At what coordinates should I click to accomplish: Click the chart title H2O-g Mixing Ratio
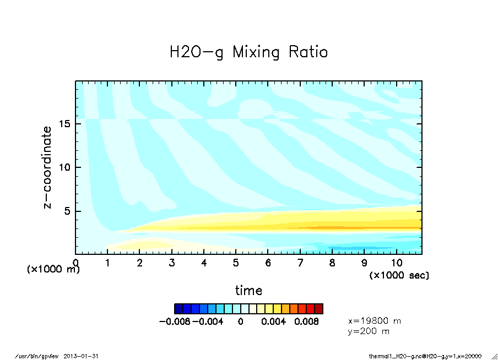(248, 52)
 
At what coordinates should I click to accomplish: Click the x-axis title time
(248, 290)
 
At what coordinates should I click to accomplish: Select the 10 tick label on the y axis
(66, 167)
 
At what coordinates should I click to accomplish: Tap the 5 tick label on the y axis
(68, 211)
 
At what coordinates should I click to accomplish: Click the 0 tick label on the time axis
(75, 263)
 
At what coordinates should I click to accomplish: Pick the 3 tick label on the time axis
(172, 263)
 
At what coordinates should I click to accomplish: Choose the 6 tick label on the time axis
(268, 263)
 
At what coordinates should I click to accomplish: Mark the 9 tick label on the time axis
(364, 263)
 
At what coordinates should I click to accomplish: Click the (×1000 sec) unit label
(399, 275)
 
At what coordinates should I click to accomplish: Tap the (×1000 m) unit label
(53, 270)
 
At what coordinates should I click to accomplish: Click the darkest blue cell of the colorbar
(178, 308)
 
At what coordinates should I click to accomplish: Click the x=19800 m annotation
(375, 320)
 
